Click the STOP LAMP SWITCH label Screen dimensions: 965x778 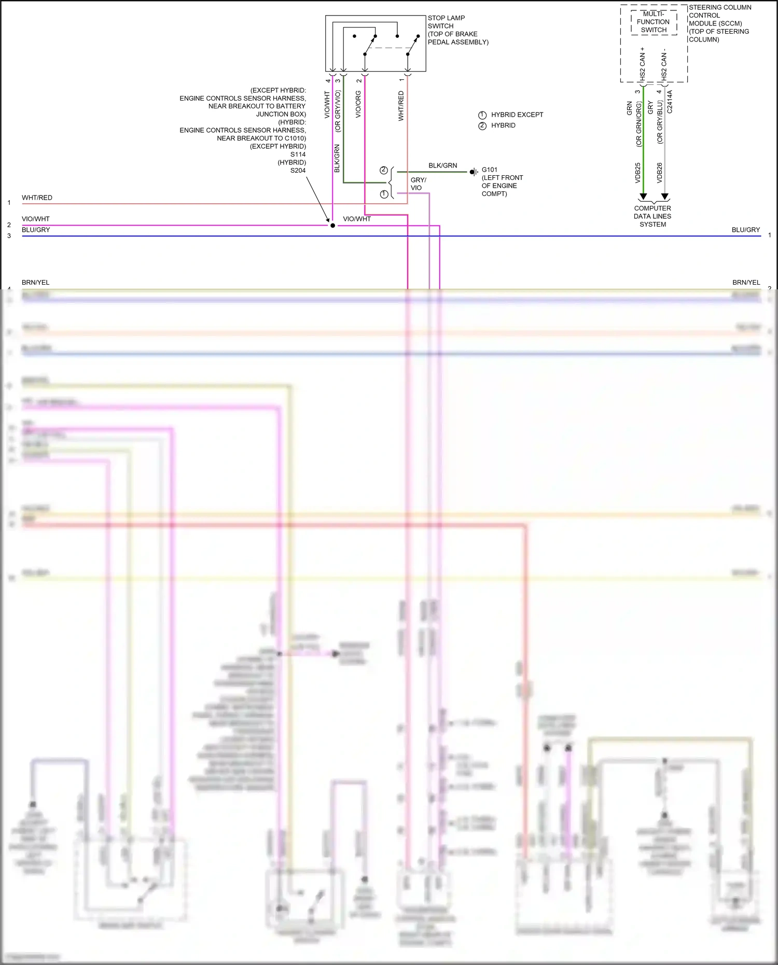(x=446, y=22)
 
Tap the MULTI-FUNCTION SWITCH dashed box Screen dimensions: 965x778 (x=654, y=22)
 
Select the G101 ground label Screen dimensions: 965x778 (x=490, y=170)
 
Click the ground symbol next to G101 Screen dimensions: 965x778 (x=474, y=172)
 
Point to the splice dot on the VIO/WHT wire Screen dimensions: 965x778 (x=332, y=226)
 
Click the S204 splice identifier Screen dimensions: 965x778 (x=298, y=171)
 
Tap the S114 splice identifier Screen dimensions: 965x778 (x=298, y=155)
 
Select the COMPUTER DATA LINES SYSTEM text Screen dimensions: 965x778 (x=652, y=216)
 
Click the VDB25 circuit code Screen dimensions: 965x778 (x=638, y=173)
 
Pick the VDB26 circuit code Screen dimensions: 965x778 (x=660, y=173)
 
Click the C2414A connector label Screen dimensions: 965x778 (x=670, y=102)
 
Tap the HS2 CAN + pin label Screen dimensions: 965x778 (x=643, y=63)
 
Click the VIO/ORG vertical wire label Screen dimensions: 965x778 (x=358, y=104)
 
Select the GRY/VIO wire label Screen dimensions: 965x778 (x=418, y=184)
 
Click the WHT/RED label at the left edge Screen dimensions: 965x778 (x=37, y=198)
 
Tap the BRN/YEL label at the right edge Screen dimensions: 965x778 (x=746, y=283)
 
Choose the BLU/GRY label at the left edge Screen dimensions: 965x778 (x=36, y=230)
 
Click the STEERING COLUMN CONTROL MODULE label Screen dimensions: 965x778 (x=719, y=23)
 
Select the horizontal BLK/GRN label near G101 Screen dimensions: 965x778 (x=442, y=165)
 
